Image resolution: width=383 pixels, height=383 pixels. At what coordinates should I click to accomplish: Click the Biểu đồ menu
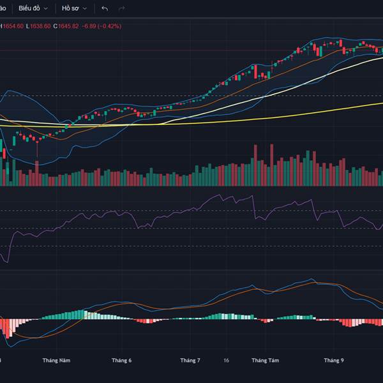[x=29, y=8]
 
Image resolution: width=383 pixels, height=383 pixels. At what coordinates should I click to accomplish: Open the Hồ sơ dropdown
[x=70, y=8]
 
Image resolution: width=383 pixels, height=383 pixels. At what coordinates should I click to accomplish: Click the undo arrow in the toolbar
[x=105, y=8]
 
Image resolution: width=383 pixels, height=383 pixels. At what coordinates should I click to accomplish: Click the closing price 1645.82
[x=68, y=26]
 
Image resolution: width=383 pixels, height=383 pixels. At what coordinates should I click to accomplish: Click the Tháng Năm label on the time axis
[x=56, y=361]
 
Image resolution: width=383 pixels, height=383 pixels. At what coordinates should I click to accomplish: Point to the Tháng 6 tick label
[x=121, y=361]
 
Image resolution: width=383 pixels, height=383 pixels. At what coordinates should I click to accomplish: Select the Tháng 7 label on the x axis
[x=190, y=361]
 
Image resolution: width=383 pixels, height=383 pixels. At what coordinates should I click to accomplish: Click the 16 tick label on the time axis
[x=227, y=361]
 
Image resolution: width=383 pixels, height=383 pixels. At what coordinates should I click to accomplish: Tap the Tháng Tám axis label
[x=265, y=361]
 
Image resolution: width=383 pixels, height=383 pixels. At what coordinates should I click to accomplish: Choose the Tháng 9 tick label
[x=333, y=361]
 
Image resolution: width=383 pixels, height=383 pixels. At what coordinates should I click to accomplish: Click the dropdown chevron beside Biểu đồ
[x=44, y=8]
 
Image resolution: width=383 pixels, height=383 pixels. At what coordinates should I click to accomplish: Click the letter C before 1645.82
[x=55, y=26]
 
